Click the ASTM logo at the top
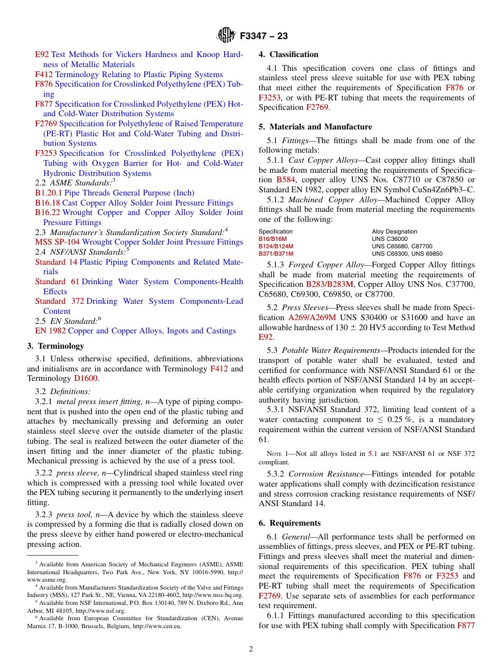226,36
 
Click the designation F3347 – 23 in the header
264,36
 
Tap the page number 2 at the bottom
251,649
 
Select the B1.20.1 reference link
49,193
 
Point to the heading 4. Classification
289,54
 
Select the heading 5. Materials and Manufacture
315,127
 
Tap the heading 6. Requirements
290,523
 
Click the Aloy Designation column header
394,231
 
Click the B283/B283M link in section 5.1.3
330,285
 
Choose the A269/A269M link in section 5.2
312,318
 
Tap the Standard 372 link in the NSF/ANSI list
59,301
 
